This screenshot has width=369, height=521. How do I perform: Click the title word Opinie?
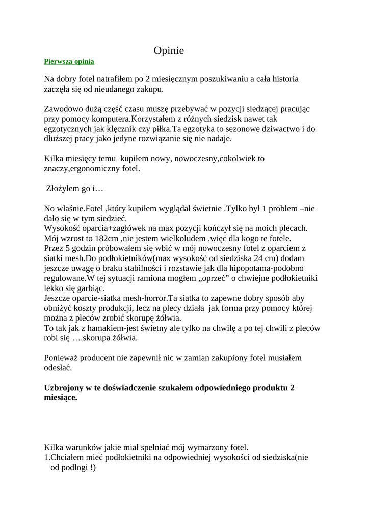169,51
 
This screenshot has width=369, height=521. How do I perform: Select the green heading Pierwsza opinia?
69,62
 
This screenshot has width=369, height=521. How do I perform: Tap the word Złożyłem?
62,188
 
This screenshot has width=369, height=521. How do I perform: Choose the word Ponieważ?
62,358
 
